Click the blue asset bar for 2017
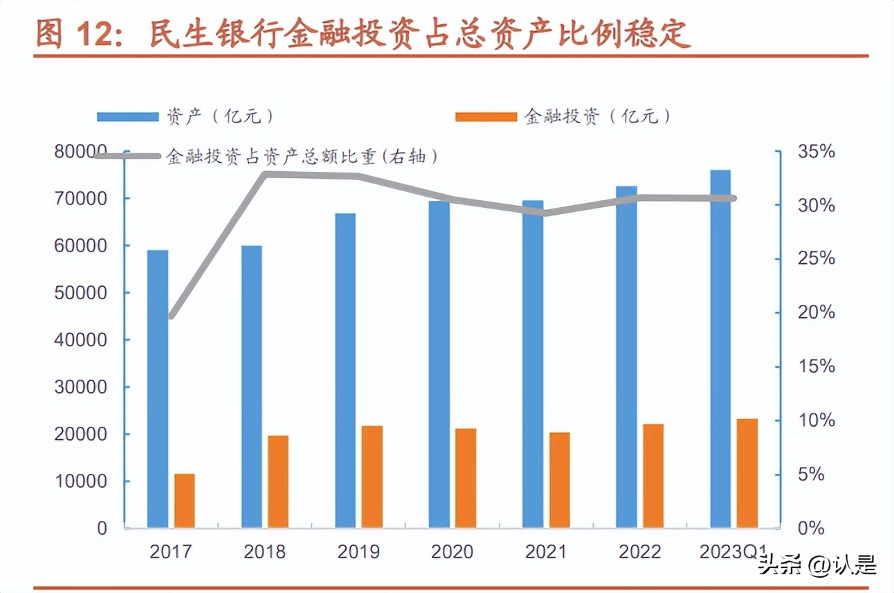click(x=158, y=388)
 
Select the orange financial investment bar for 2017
click(x=185, y=500)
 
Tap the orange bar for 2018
click(x=278, y=481)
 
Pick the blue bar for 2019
click(x=345, y=370)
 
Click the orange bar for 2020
click(x=466, y=477)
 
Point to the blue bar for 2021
click(x=533, y=364)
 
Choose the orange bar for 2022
click(x=653, y=475)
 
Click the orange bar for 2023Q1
click(x=747, y=472)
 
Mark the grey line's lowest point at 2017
click(x=171, y=316)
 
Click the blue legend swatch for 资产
click(x=127, y=116)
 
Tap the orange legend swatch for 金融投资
click(x=486, y=116)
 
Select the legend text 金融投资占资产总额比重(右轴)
click(x=302, y=157)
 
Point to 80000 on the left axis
click(x=81, y=151)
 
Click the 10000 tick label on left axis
click(x=81, y=481)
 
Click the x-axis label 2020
click(x=452, y=551)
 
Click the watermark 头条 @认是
click(x=817, y=565)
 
